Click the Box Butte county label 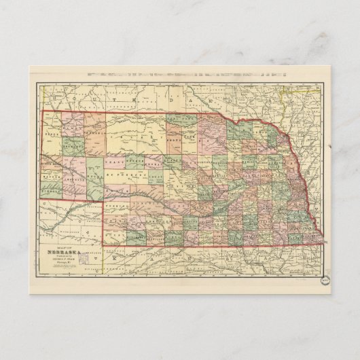coord(73,145)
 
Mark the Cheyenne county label coord(77,178)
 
